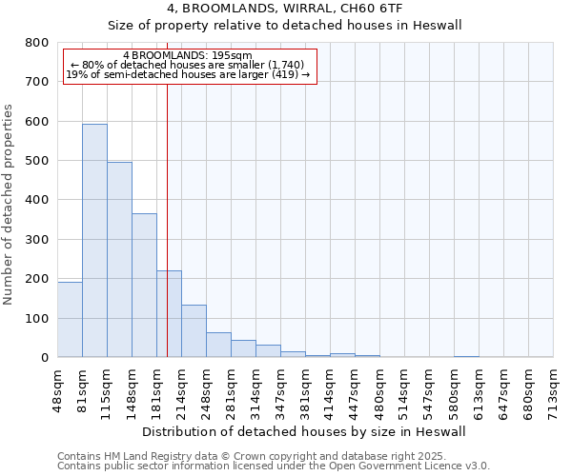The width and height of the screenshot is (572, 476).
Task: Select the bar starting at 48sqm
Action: tap(70, 320)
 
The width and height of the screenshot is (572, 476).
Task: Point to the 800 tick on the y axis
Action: tap(37, 43)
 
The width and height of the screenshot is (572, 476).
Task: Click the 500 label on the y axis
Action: tap(37, 161)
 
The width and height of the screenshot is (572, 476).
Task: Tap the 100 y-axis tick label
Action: tap(37, 318)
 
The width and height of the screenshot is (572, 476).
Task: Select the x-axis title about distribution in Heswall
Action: tap(304, 431)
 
